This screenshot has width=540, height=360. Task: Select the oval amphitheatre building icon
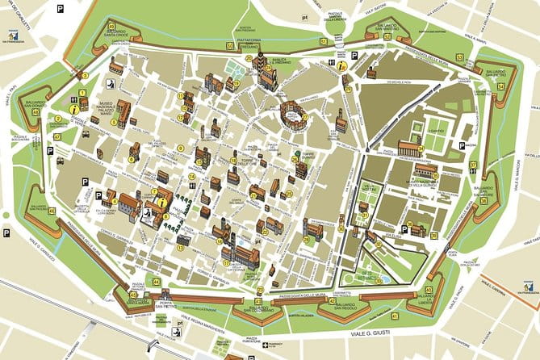coord(294,118)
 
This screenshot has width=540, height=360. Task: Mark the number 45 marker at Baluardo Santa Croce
coord(111,26)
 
